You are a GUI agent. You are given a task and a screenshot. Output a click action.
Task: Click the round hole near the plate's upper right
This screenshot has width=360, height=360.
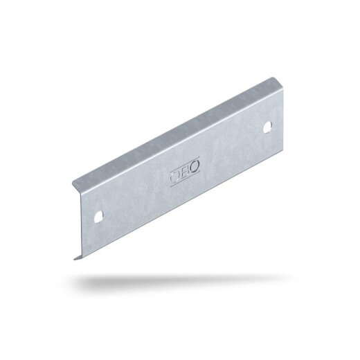tap(267, 127)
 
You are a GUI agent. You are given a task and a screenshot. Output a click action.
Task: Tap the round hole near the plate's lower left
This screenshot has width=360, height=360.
tap(99, 217)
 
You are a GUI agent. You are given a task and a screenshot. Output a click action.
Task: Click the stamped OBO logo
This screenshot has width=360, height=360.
tap(185, 171)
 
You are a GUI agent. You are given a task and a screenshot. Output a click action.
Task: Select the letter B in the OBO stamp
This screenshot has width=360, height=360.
tap(184, 171)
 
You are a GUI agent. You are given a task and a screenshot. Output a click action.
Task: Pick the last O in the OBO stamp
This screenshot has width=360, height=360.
tap(195, 165)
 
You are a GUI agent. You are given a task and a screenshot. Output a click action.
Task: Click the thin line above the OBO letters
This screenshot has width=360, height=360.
tap(184, 165)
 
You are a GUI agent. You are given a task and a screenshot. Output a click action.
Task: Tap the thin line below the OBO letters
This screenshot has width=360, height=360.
tap(185, 179)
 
